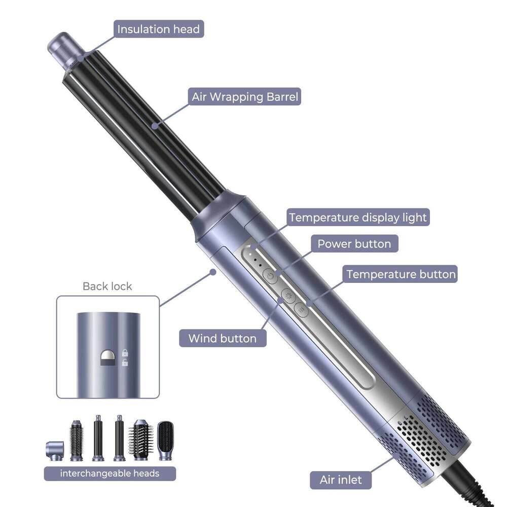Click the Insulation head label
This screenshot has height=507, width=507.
pos(158,29)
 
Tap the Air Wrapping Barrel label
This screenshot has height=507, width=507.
pos(244,97)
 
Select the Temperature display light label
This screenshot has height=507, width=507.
pos(358,218)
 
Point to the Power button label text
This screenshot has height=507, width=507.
pos(354,244)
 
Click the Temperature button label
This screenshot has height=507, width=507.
pos(400,274)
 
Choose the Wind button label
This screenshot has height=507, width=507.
pos(223,338)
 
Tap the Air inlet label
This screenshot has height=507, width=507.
pos(341,480)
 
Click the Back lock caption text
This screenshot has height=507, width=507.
pos(107,286)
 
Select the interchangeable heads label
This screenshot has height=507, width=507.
pos(110,474)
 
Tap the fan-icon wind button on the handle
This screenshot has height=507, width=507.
pos(288,296)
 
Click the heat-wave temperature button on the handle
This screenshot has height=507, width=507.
pos(301,310)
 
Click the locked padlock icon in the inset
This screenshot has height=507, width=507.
pos(125,353)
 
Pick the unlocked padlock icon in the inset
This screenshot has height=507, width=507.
pos(125,363)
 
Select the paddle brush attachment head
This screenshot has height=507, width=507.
pos(165,441)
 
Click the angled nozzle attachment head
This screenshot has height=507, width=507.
pos(55,451)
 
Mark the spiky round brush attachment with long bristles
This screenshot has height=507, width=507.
pos(140,441)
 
